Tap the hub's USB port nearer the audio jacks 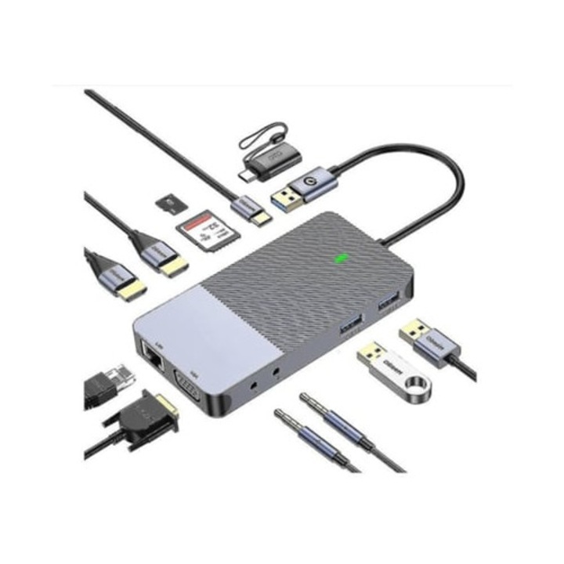click(351, 321)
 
